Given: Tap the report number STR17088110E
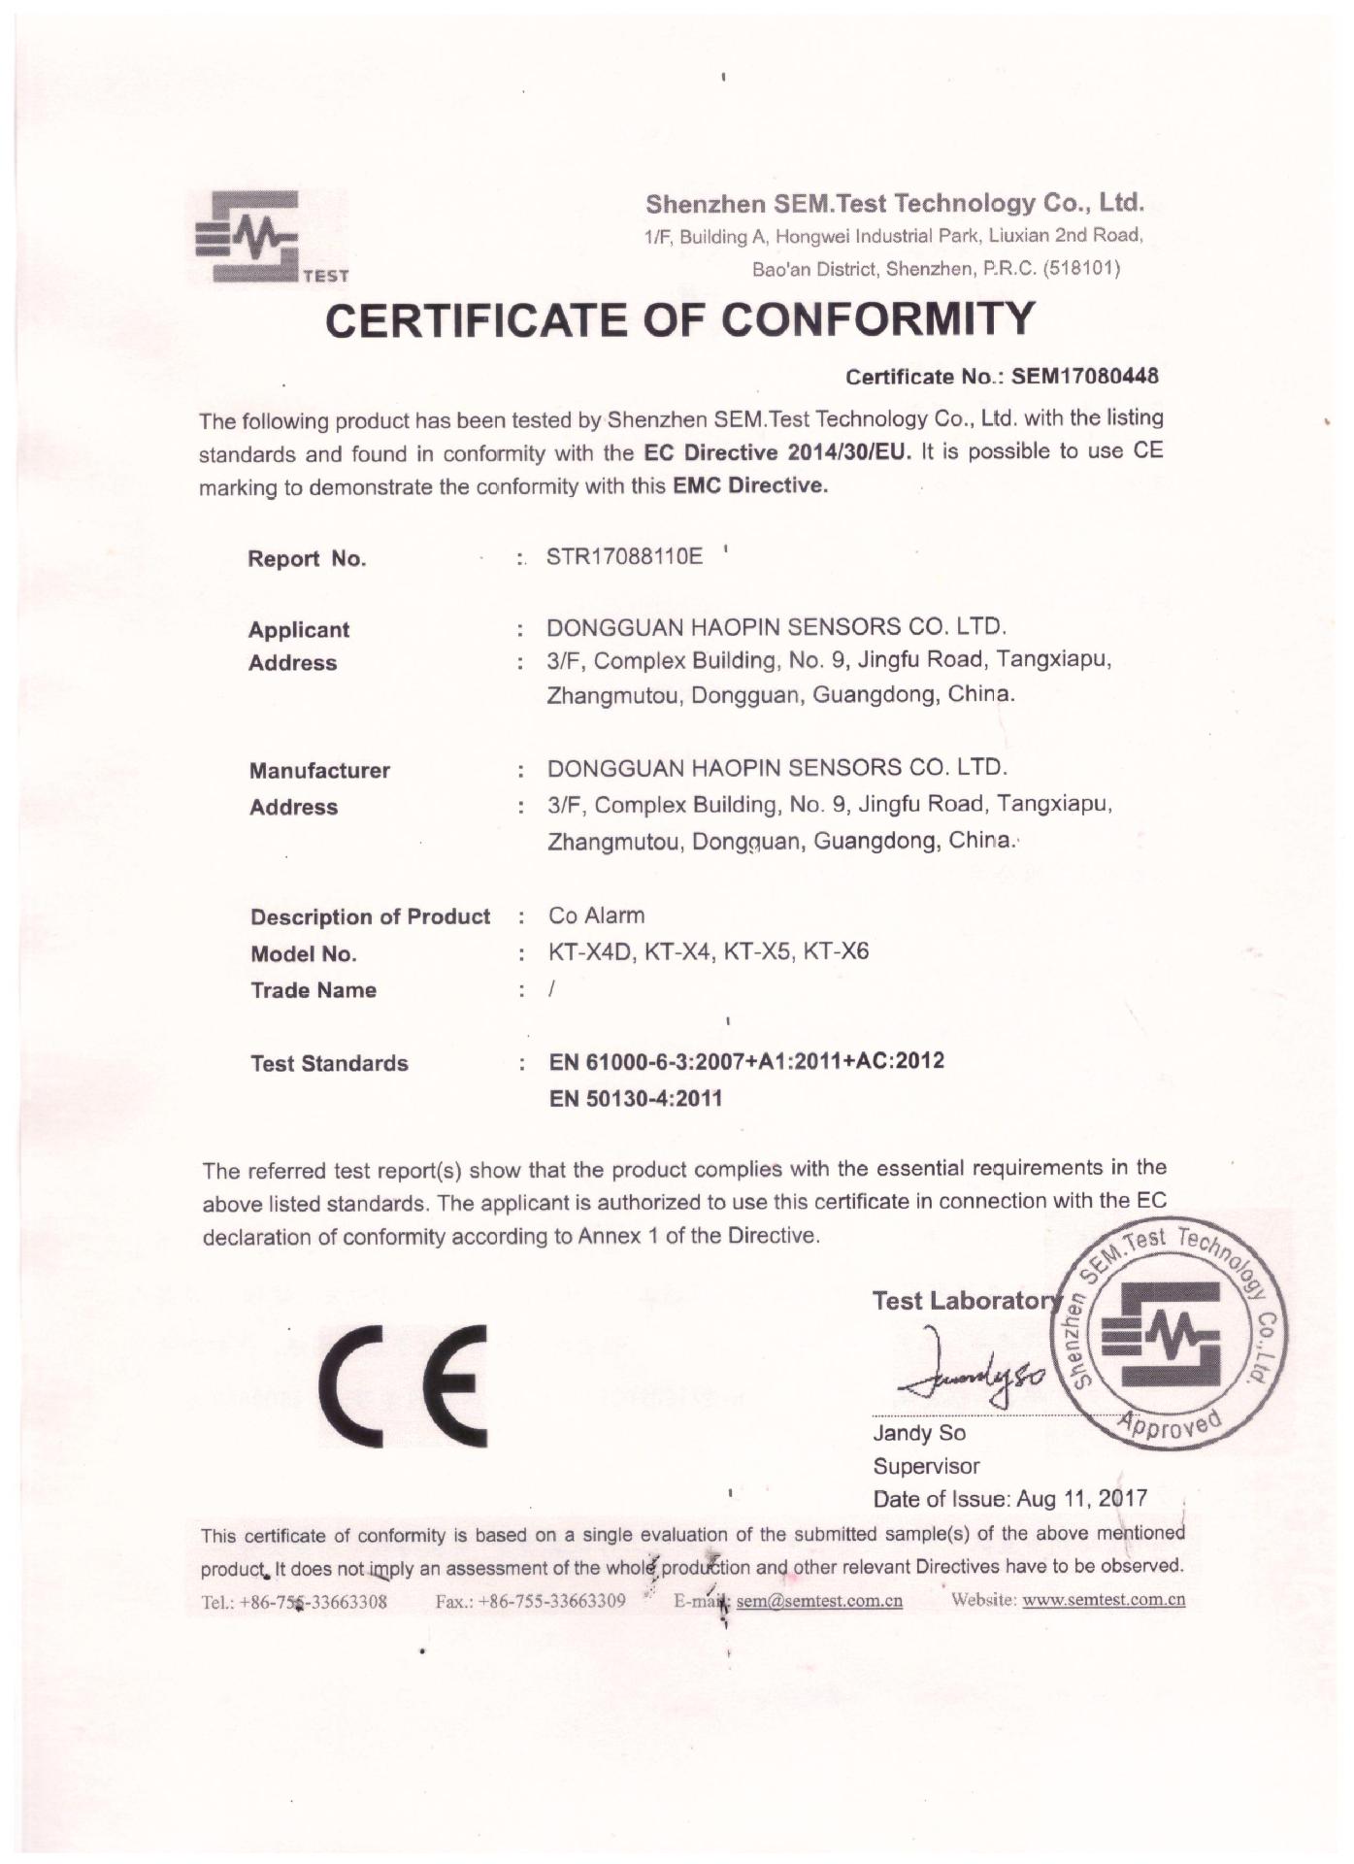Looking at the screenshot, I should click(x=624, y=557).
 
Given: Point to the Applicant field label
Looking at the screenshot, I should click(x=299, y=629).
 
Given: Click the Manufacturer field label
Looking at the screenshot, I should click(x=319, y=771).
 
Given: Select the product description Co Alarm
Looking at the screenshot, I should click(x=596, y=915).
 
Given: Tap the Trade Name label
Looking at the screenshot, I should click(x=314, y=990).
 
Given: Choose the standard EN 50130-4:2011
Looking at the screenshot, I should click(x=636, y=1099).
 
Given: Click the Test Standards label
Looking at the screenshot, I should click(x=329, y=1063).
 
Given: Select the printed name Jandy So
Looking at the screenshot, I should click(x=919, y=1434).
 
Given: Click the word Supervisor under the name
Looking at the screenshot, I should click(x=926, y=1466).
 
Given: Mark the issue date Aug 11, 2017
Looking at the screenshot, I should click(x=1081, y=1499).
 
